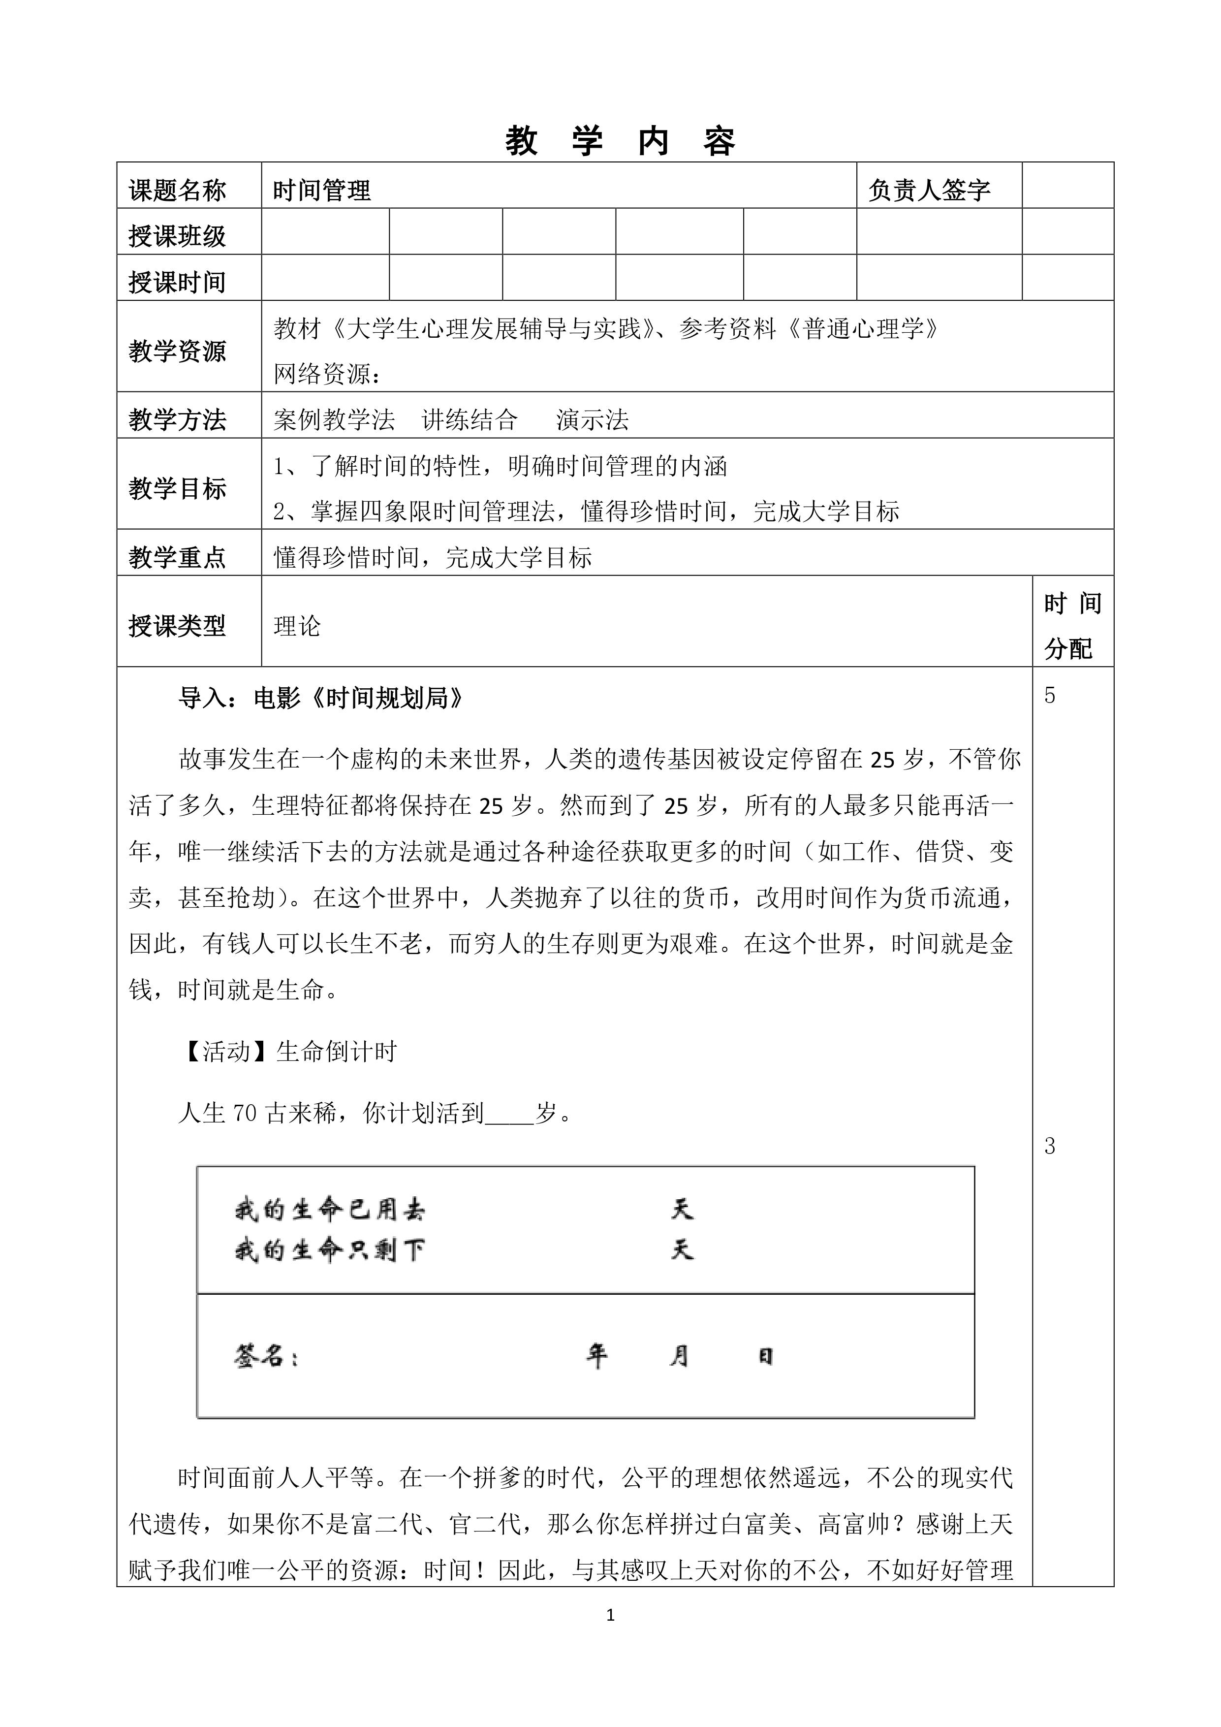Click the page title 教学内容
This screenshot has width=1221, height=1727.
tap(620, 141)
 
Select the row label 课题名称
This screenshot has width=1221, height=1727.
tap(178, 191)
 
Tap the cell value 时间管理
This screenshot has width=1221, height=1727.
tap(322, 191)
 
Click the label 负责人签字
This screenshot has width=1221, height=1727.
tap(929, 191)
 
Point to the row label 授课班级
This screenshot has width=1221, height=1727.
tap(178, 236)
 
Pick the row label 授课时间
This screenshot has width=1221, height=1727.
tap(178, 282)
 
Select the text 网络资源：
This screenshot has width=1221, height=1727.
tap(328, 374)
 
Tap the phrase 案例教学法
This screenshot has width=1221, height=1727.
tap(334, 420)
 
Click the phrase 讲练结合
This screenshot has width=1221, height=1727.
tap(470, 420)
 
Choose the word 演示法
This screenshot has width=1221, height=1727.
tap(593, 420)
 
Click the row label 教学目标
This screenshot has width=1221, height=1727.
tap(178, 488)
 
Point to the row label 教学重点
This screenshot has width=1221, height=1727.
tap(178, 557)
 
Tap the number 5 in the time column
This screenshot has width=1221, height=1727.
tap(1050, 696)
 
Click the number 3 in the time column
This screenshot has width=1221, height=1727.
tap(1050, 1146)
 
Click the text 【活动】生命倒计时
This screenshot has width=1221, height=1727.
tap(288, 1052)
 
